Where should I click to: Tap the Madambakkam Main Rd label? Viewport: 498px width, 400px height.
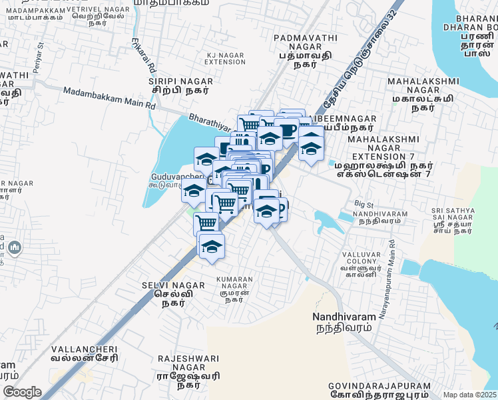coord(109,97)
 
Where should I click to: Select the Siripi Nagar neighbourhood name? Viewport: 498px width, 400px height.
coord(178,83)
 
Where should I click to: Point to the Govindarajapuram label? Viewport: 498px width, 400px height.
coord(379,391)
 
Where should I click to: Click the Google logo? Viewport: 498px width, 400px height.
coord(23,392)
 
